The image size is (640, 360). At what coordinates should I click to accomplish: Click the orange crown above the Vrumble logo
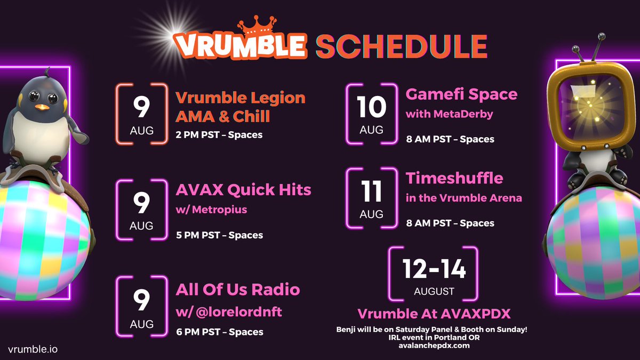point(257,26)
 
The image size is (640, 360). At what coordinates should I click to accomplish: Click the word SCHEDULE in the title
point(402,46)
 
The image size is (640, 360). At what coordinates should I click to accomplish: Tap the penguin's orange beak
point(42,107)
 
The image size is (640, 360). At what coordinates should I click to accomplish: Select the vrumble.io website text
point(33,349)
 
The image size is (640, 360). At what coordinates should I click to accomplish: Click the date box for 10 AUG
point(371,114)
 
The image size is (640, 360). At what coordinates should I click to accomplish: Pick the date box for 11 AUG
point(371,198)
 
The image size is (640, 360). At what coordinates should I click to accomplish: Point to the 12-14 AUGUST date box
point(434,274)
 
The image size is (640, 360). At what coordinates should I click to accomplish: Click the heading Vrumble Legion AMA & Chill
point(241,107)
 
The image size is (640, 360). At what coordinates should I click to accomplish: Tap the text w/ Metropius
point(211,210)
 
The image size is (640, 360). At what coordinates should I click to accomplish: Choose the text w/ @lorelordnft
point(229,312)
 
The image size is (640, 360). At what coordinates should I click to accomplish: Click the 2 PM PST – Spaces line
point(219,134)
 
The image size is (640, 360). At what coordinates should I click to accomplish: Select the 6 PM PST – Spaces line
point(220,332)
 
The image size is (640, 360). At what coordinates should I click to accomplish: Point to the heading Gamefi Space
point(461,95)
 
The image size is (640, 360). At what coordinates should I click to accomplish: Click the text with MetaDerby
point(450,114)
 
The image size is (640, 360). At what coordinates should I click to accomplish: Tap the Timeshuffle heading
point(454,178)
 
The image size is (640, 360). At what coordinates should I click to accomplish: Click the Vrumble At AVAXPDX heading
point(434,314)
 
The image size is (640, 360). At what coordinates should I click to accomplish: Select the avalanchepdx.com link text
point(434,346)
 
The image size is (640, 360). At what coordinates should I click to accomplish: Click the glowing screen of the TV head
point(589,107)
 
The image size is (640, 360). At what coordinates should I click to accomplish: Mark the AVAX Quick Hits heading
point(243,190)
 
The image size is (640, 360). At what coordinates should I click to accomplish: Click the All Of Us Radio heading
point(238,290)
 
